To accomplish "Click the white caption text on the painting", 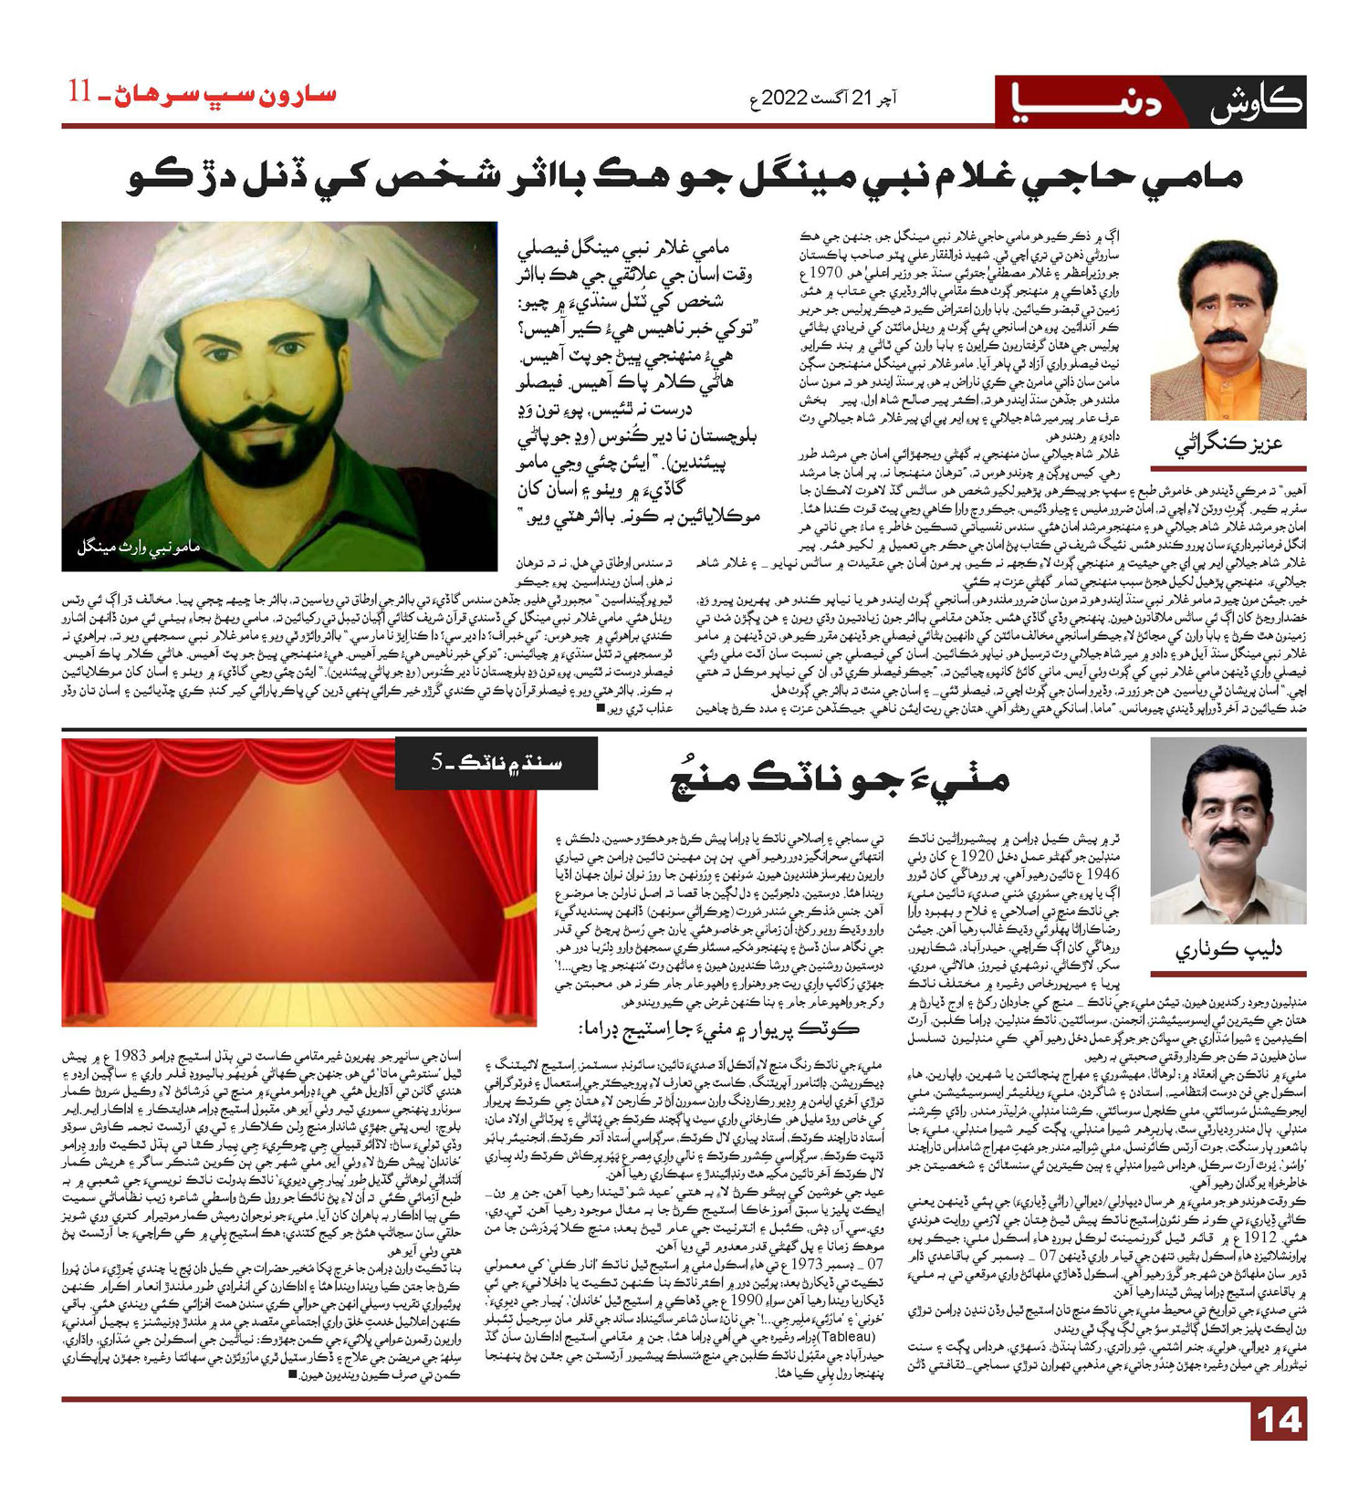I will point(138,548).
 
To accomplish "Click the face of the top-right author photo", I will point(1227,310).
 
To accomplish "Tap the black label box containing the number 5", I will point(496,764).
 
